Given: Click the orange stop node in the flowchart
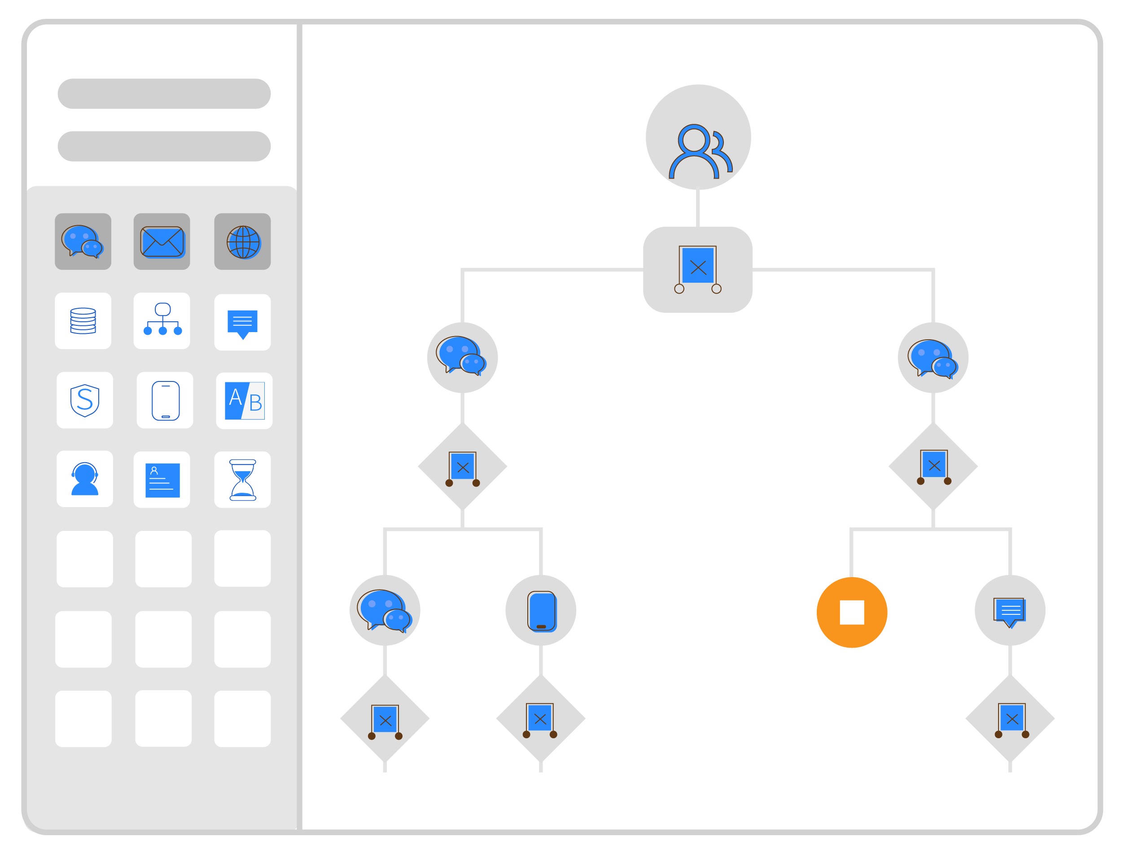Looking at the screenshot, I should pos(852,613).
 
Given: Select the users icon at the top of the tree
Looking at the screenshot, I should pos(698,137).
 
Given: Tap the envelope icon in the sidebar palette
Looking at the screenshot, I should pos(162,241).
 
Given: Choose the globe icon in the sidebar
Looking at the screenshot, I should pos(243,241).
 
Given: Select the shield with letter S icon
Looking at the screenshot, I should pos(85,400).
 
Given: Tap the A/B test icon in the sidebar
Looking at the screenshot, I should pos(244,400).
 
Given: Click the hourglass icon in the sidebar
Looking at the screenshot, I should pos(243,480).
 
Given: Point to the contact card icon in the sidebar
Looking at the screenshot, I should pos(162,480).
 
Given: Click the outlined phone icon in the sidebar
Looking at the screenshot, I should pos(165,400).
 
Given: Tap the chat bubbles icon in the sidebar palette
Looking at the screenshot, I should pos(83,241).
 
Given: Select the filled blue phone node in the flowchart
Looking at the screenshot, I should pos(540,610).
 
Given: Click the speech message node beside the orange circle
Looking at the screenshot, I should pos(1009,610).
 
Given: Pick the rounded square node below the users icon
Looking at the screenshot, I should pos(697,270).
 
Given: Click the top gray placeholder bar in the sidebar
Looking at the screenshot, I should pos(164,94).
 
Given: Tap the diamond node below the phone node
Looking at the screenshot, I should pos(540,718).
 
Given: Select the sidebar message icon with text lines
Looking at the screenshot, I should pos(243,322).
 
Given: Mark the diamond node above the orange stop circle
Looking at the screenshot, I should pos(933,466).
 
